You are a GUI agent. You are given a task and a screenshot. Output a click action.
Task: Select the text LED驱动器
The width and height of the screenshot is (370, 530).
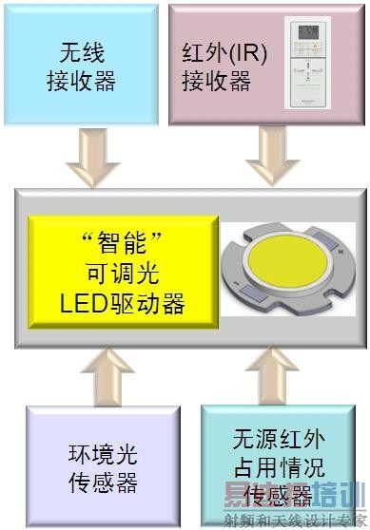coord(122,304)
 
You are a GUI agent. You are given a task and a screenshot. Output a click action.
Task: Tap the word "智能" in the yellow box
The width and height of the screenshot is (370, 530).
coord(121,237)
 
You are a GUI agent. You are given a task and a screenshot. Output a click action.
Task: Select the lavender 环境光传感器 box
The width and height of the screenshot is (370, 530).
coord(103,465)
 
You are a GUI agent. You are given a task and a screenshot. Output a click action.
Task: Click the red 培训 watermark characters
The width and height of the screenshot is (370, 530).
coord(341,494)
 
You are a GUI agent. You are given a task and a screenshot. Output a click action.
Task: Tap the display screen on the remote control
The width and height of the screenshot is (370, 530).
coord(313,34)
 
